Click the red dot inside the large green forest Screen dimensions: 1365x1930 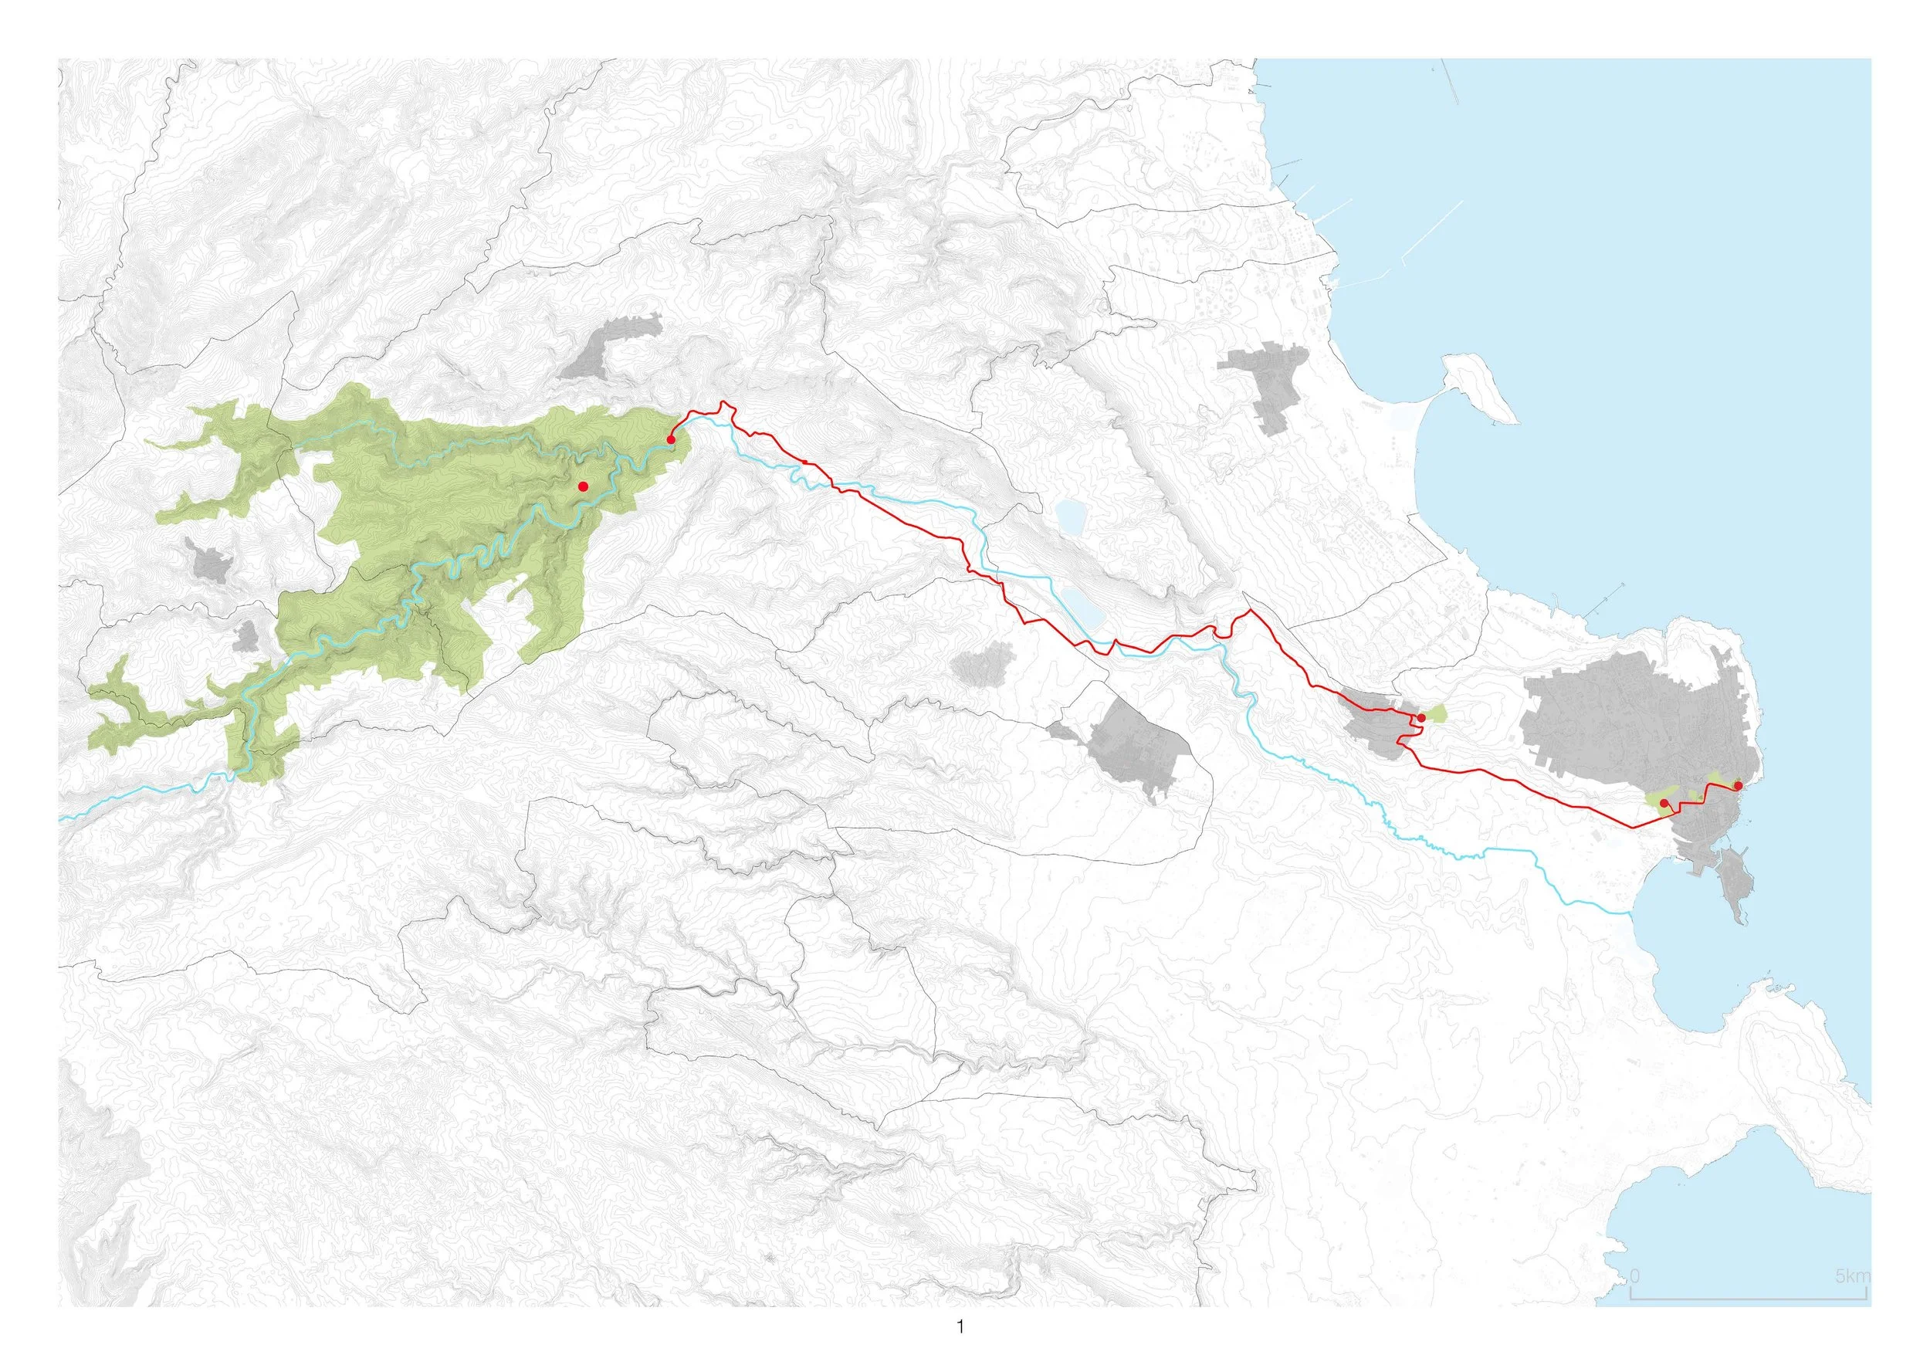[x=583, y=486]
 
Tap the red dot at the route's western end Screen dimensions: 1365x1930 [x=671, y=439]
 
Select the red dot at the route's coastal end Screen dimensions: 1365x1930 [x=1739, y=786]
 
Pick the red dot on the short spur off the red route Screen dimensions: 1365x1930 [x=1665, y=804]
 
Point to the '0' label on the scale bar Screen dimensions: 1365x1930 [x=1634, y=1300]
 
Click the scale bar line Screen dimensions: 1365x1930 [x=1749, y=1322]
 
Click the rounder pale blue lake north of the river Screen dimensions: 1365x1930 [x=1069, y=512]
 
